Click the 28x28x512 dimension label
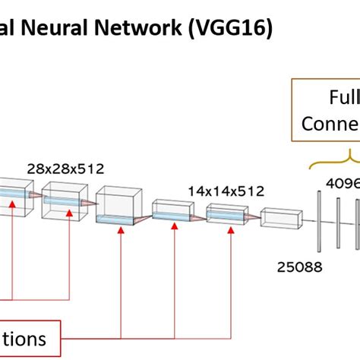point(65,169)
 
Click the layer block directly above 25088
point(281,219)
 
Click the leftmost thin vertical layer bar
point(319,219)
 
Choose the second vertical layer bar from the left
point(338,219)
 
